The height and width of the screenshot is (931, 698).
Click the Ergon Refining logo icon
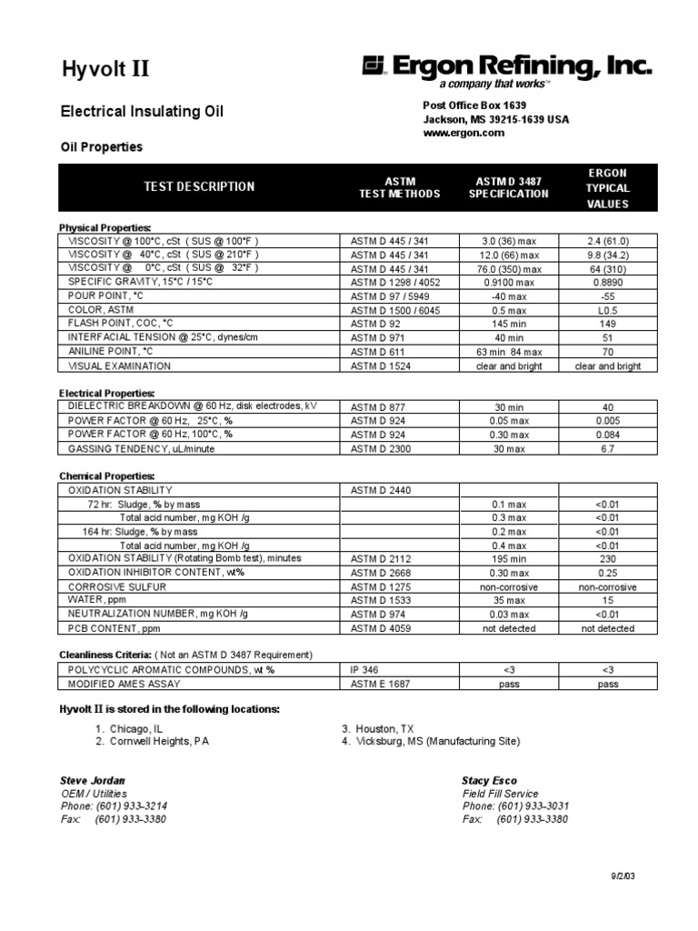tap(374, 65)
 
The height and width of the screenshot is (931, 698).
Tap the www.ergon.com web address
tap(464, 133)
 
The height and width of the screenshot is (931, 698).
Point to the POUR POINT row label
tap(105, 296)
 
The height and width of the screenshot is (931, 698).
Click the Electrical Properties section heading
tap(105, 393)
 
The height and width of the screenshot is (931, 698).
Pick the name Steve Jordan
tap(93, 781)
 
